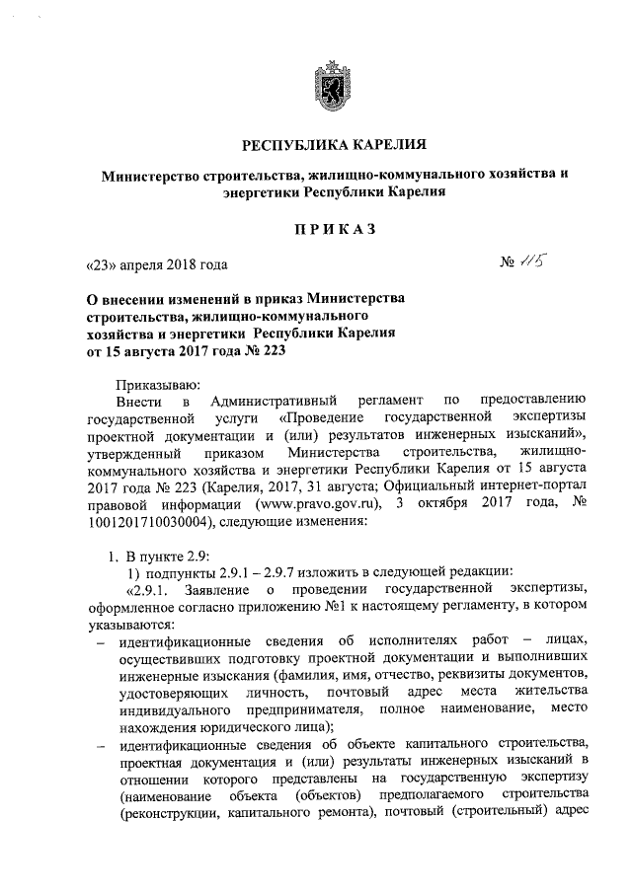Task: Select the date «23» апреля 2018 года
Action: (x=156, y=264)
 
